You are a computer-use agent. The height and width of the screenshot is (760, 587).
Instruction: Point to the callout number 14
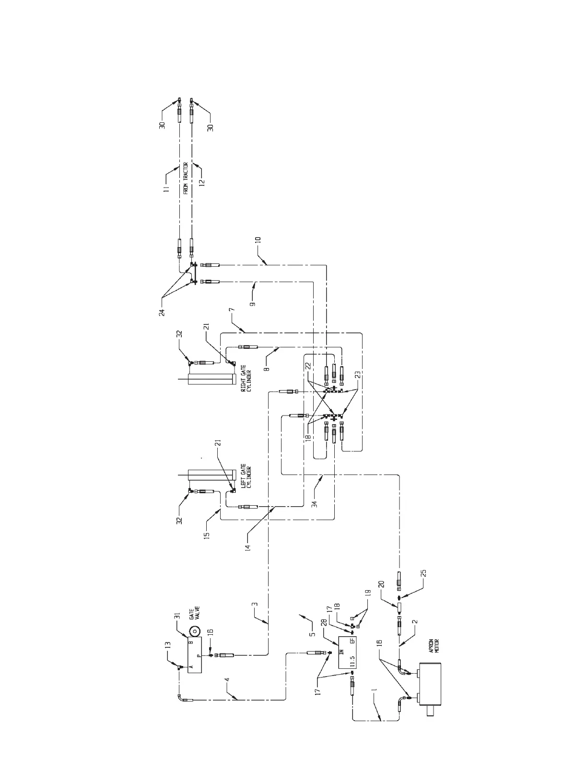pos(247,547)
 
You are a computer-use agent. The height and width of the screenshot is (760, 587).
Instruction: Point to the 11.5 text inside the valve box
pos(352,663)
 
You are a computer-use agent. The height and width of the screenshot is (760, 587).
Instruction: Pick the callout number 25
pos(423,575)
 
